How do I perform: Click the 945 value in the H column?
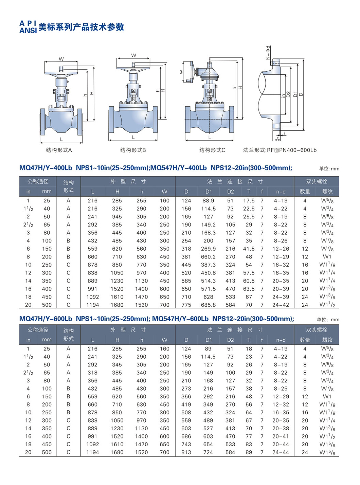(x=117, y=217)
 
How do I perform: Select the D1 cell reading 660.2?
(x=208, y=257)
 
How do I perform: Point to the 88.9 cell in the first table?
(x=208, y=200)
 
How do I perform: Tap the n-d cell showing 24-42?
(x=281, y=305)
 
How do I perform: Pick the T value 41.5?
(x=249, y=249)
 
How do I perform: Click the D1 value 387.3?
(x=208, y=265)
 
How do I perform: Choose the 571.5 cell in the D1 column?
(x=208, y=289)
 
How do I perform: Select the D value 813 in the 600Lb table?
(x=186, y=452)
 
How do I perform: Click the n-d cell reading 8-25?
(x=281, y=389)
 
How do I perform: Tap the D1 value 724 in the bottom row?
(x=208, y=452)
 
